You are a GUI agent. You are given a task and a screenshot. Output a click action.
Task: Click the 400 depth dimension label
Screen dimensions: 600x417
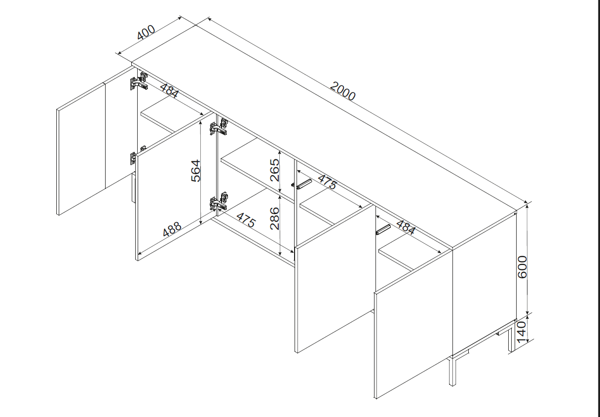click(146, 32)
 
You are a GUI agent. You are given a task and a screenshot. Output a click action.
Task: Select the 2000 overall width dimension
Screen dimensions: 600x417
click(342, 91)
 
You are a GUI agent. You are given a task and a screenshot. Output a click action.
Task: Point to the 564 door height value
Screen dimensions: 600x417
click(196, 171)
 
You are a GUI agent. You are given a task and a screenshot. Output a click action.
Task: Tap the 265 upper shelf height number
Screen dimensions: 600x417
click(275, 170)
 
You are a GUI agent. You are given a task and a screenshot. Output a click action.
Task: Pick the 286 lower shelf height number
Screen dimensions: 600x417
click(275, 219)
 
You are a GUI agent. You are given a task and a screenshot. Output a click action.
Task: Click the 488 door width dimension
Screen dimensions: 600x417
click(172, 229)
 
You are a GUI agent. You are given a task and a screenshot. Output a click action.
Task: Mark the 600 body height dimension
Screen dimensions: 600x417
click(523, 267)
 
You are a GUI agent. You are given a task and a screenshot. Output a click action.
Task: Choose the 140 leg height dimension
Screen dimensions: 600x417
click(522, 332)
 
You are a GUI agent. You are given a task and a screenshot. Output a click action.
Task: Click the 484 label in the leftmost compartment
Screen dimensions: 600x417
click(169, 90)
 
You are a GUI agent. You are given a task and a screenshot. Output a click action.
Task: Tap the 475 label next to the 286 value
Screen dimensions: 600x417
click(246, 220)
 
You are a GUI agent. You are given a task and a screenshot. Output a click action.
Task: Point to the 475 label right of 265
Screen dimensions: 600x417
click(327, 182)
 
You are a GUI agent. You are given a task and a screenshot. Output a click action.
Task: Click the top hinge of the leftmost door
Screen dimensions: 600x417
click(139, 81)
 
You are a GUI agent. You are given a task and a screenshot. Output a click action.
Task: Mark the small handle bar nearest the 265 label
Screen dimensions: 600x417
click(302, 184)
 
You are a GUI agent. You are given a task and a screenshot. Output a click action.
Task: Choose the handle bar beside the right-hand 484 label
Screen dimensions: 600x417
click(383, 229)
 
